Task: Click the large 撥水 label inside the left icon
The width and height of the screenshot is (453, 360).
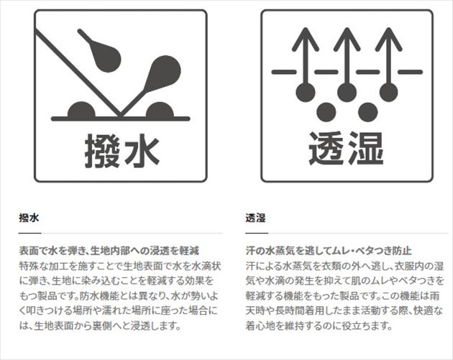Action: click(x=122, y=151)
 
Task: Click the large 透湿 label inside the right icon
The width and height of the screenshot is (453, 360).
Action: click(x=346, y=149)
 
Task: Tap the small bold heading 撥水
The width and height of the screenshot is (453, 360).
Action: click(x=29, y=218)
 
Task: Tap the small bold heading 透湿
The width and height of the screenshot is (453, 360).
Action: click(x=256, y=218)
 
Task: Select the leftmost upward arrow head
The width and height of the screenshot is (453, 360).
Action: click(x=306, y=39)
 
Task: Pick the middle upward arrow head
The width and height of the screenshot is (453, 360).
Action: click(x=347, y=39)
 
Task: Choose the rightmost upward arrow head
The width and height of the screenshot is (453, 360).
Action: click(x=388, y=39)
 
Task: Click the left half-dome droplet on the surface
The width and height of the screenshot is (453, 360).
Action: click(x=81, y=110)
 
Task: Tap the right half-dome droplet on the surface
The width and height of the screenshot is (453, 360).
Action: click(x=160, y=110)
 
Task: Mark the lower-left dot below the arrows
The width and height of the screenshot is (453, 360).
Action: click(x=326, y=112)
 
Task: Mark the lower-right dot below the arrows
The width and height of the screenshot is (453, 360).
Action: click(x=367, y=112)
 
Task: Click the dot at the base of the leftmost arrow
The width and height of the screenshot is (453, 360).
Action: click(x=306, y=92)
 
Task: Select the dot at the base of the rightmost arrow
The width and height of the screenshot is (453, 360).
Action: click(x=388, y=92)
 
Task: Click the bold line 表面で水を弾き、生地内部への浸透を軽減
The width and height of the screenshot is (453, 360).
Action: click(x=109, y=251)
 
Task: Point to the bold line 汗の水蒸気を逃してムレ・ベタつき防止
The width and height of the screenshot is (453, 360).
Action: click(x=329, y=251)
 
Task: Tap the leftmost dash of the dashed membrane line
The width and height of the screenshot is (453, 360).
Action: click(x=284, y=72)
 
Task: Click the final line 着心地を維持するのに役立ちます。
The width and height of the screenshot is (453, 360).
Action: click(x=319, y=326)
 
